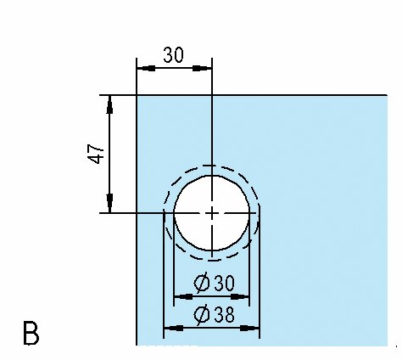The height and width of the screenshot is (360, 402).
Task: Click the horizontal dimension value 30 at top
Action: pyautogui.click(x=173, y=55)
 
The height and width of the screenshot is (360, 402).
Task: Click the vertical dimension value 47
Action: pyautogui.click(x=96, y=154)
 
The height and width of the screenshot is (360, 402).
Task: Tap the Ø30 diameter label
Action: pyautogui.click(x=214, y=283)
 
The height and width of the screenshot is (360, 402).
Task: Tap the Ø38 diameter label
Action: pyautogui.click(x=214, y=314)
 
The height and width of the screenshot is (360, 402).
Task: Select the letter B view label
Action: pyautogui.click(x=31, y=333)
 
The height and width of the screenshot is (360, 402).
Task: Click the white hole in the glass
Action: pyautogui.click(x=212, y=213)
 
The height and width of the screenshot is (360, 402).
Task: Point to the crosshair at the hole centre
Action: pyautogui.click(x=212, y=213)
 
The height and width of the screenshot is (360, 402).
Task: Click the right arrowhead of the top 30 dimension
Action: pyautogui.click(x=202, y=68)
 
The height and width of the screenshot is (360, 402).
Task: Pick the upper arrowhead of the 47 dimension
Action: pyautogui.click(x=109, y=104)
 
